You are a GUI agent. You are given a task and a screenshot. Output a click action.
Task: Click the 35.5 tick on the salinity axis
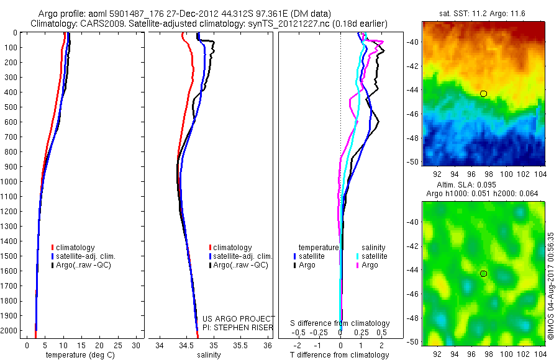(x=241, y=345)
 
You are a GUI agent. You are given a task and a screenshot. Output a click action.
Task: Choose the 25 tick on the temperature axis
(x=118, y=345)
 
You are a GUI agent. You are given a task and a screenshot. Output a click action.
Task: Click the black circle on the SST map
(x=483, y=94)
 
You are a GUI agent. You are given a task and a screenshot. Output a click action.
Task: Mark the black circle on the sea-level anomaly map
(x=483, y=274)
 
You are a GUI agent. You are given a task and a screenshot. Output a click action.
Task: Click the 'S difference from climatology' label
(x=340, y=323)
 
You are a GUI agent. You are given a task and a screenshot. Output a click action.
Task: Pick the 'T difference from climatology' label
(x=340, y=355)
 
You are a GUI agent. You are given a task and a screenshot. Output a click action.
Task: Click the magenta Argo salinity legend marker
(x=358, y=265)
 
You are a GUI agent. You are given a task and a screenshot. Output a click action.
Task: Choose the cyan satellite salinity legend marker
(x=358, y=256)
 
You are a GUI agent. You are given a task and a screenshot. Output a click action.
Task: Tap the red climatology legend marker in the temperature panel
(x=52, y=248)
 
